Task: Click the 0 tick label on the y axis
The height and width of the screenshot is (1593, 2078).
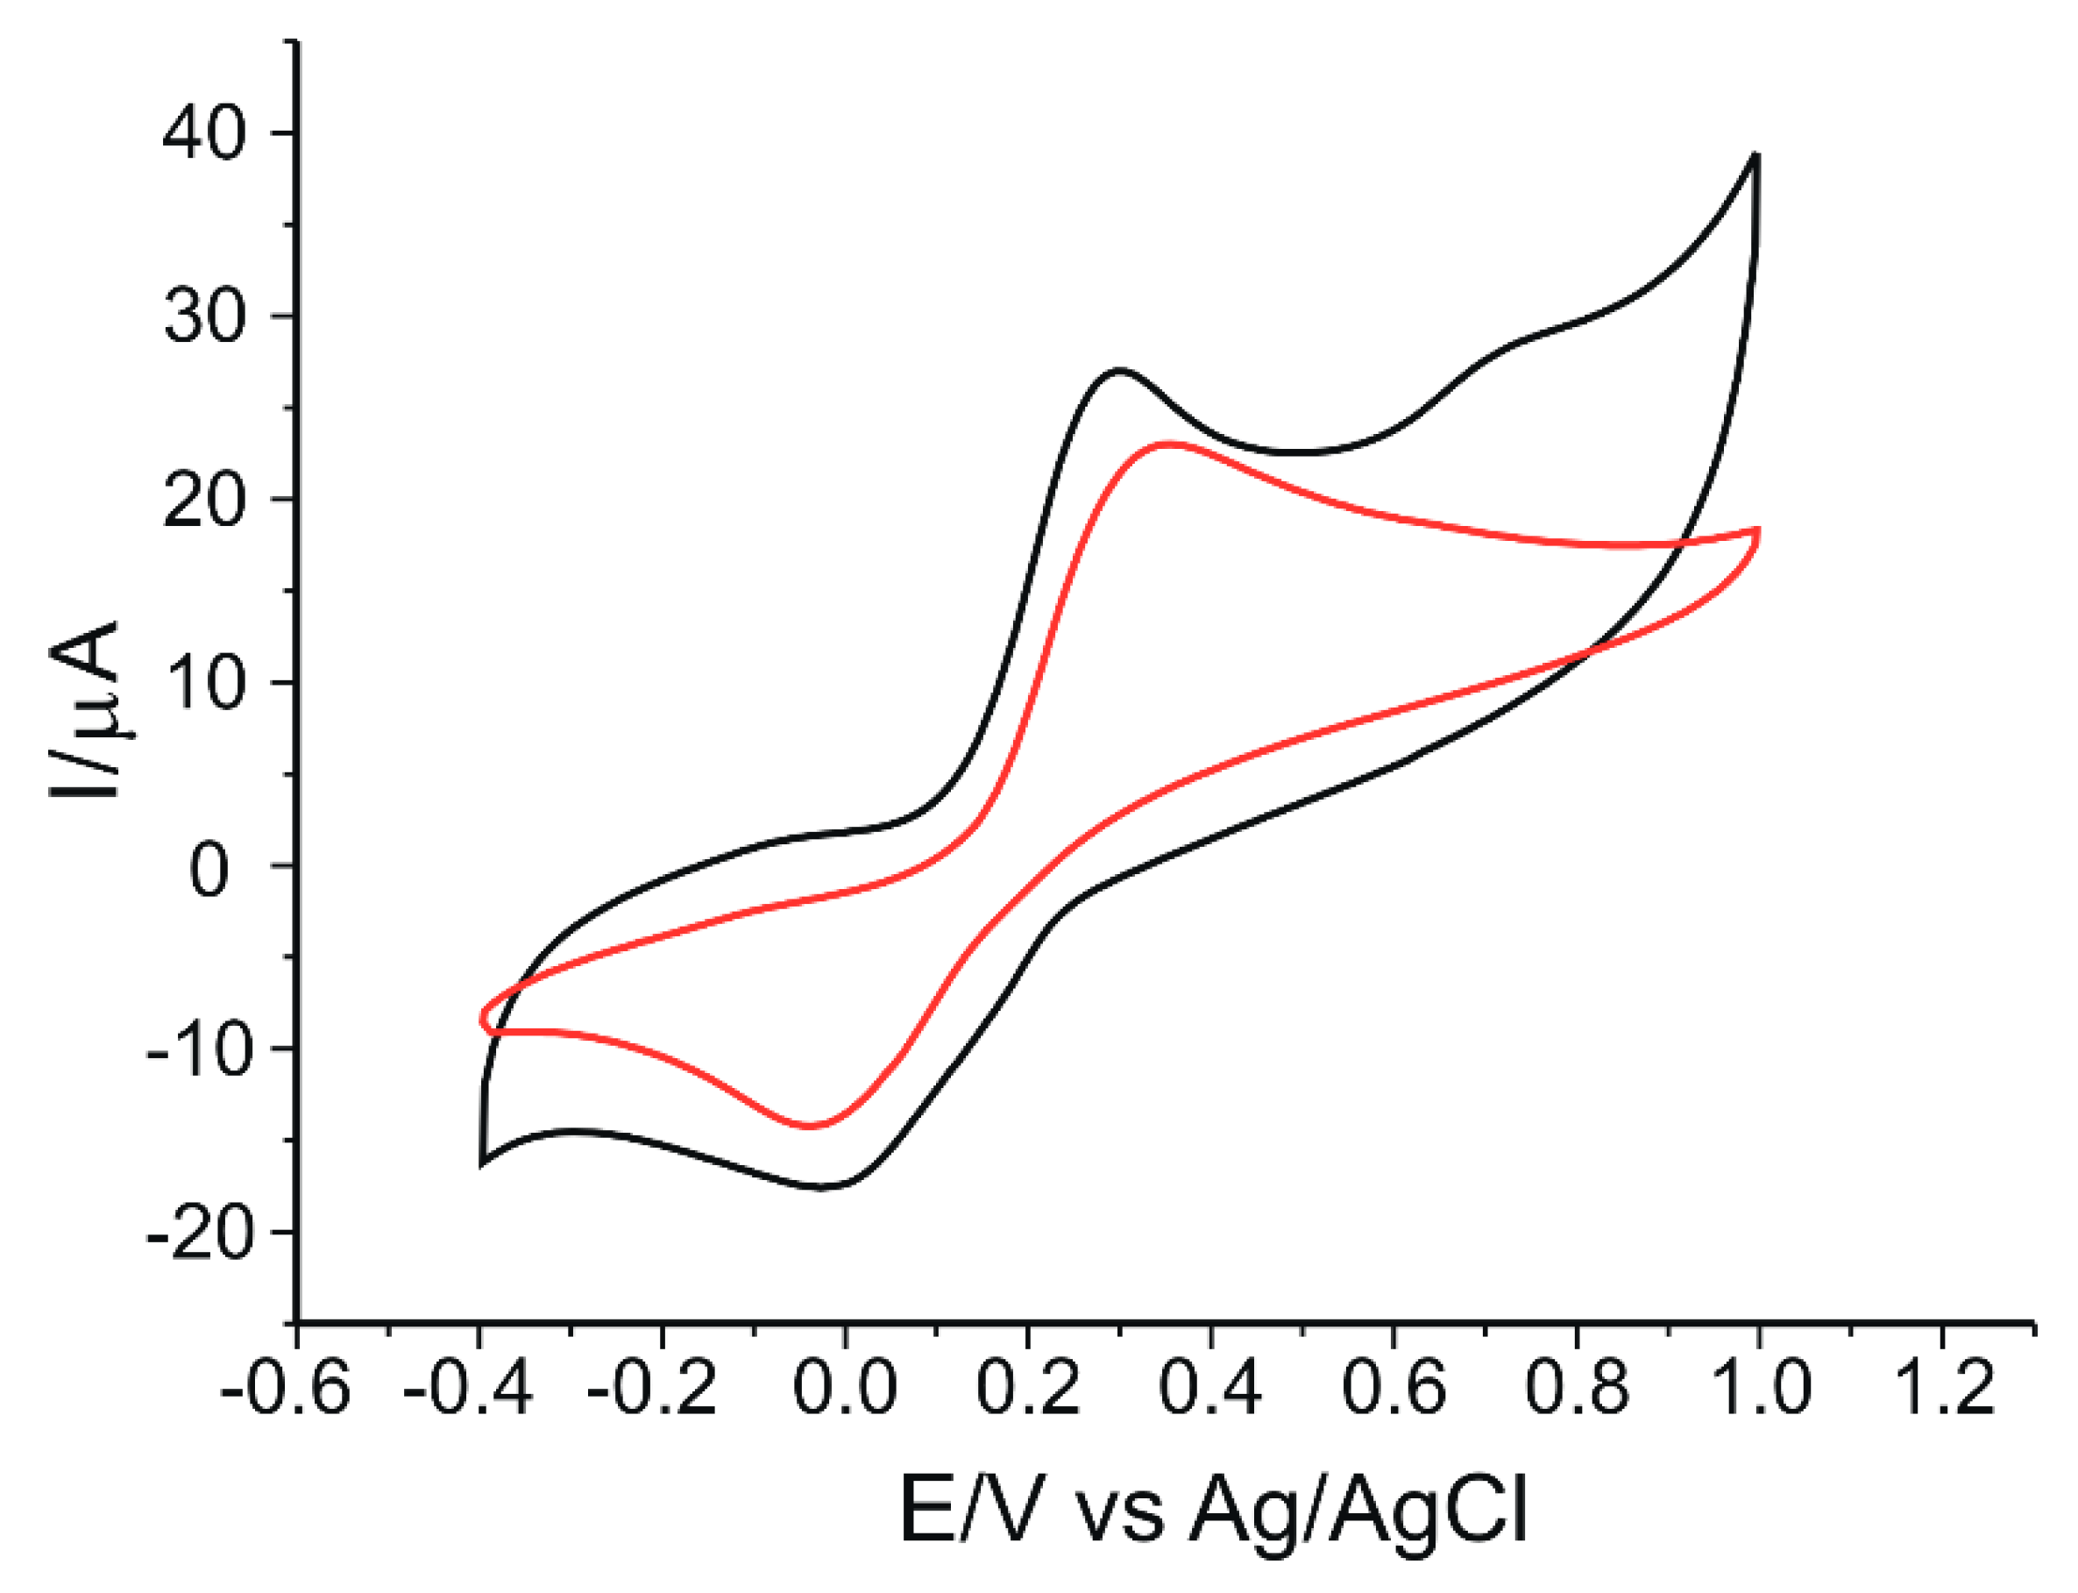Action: (x=209, y=870)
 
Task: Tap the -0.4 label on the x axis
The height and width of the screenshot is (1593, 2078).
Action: (x=468, y=1386)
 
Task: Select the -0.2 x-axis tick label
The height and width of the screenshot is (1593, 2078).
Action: (x=652, y=1386)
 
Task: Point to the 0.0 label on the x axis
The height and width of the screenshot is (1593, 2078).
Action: (x=845, y=1386)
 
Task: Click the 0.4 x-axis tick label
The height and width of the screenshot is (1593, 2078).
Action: (x=1210, y=1386)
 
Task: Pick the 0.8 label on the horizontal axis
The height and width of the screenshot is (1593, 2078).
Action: (x=1577, y=1386)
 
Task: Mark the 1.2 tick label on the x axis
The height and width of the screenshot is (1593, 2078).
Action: (x=1942, y=1386)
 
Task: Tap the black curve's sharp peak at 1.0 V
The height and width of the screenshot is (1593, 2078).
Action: (x=1756, y=153)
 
